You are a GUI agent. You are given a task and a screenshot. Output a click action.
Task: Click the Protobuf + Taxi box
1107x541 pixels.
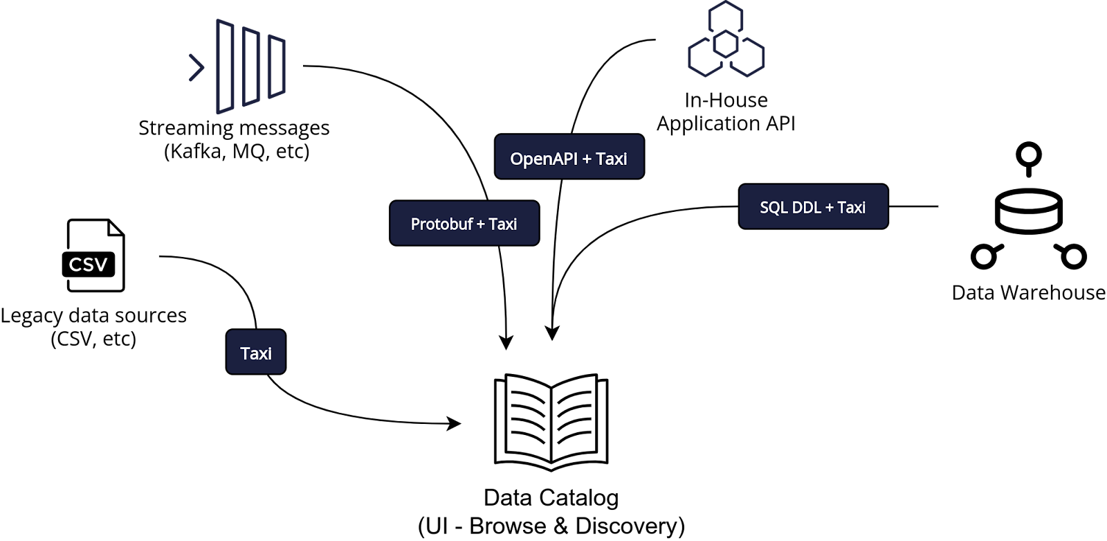pyautogui.click(x=464, y=223)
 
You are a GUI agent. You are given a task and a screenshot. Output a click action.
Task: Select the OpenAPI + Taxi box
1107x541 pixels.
pyautogui.click(x=569, y=157)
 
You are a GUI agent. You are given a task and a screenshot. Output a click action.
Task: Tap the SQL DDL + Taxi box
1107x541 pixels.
pyautogui.click(x=814, y=206)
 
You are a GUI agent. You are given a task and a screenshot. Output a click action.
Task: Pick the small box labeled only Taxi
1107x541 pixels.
pyautogui.click(x=256, y=352)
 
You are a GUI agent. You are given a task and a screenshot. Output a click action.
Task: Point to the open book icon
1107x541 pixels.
pyautogui.click(x=551, y=423)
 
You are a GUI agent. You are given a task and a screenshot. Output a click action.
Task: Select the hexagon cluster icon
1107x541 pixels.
pyautogui.click(x=726, y=39)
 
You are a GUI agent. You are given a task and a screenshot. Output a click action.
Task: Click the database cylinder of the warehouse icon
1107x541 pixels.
pyautogui.click(x=1029, y=213)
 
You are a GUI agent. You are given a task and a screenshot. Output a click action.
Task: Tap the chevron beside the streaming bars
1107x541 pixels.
pyautogui.click(x=196, y=67)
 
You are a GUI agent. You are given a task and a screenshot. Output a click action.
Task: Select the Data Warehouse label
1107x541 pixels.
pyautogui.click(x=1029, y=292)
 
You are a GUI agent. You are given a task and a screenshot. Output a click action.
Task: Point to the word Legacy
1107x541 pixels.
pyautogui.click(x=32, y=316)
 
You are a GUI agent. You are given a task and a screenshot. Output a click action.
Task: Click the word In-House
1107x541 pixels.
pyautogui.click(x=726, y=100)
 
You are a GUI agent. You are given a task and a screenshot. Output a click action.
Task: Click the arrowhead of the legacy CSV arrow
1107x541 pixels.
pyautogui.click(x=454, y=423)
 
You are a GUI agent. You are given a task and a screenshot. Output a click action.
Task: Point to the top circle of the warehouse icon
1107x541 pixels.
pyautogui.click(x=1029, y=155)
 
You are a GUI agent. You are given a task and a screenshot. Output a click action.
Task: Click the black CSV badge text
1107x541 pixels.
pyautogui.click(x=89, y=265)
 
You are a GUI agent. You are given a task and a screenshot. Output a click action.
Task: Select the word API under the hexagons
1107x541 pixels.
pyautogui.click(x=781, y=123)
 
